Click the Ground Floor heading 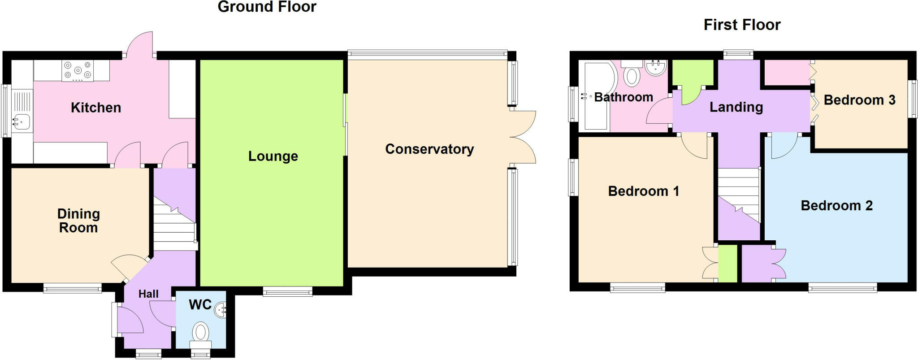coord(267,7)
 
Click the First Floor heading coord(742,25)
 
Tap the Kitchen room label coord(96,108)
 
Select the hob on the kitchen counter coord(78,71)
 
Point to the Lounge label coord(273,156)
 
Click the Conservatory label coord(429,149)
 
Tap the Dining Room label coord(78,221)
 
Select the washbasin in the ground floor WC coord(221,309)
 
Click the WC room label coord(200,305)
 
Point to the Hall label coord(148,294)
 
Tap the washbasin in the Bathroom coord(656,68)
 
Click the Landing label coord(736,107)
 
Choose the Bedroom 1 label coord(643,191)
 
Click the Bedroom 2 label coord(836,206)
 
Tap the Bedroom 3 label coord(859,100)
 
